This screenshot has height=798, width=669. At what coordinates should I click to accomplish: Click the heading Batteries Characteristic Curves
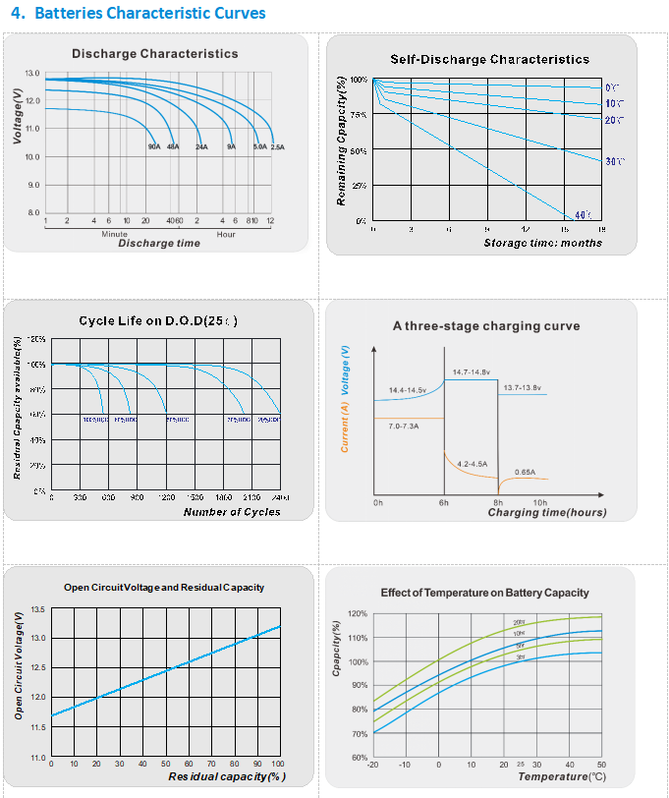[x=148, y=14]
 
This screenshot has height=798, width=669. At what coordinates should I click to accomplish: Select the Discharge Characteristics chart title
[x=154, y=54]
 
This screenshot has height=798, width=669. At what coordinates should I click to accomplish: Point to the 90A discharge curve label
[x=154, y=146]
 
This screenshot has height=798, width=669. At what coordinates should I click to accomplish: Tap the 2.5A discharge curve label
[x=277, y=146]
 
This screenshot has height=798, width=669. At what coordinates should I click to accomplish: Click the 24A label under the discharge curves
[x=201, y=146]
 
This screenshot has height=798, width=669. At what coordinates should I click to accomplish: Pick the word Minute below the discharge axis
[x=115, y=234]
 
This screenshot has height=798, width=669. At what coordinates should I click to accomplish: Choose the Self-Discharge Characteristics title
[x=489, y=59]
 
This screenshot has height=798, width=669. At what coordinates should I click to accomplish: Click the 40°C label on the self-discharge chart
[x=582, y=214]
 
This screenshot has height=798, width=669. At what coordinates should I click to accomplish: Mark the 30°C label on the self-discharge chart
[x=616, y=160]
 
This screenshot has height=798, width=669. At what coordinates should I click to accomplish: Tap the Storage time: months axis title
[x=542, y=243]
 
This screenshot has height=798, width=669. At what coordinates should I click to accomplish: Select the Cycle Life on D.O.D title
[x=157, y=321]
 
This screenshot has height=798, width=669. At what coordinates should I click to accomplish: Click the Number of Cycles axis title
[x=232, y=512]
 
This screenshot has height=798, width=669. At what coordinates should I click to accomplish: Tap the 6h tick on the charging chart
[x=444, y=502]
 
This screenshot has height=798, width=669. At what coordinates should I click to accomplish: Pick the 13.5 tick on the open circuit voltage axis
[x=38, y=609]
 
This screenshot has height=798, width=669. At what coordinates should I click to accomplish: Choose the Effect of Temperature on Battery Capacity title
[x=484, y=593]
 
